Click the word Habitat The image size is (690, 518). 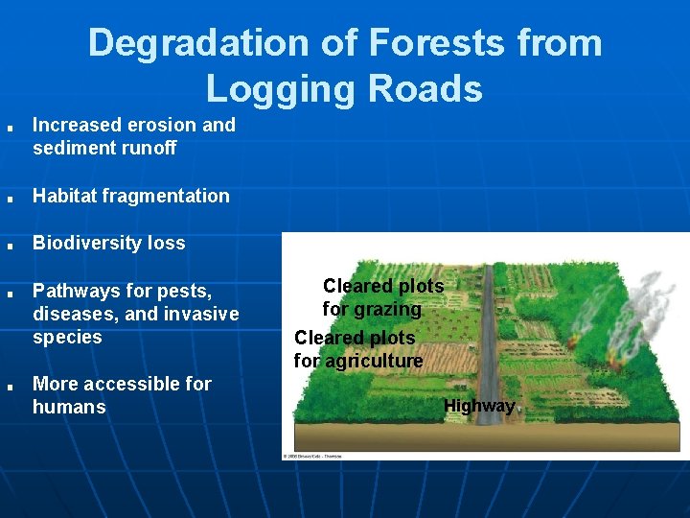coord(67,196)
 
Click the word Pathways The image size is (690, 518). coord(74,290)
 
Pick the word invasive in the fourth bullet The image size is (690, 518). coord(202,314)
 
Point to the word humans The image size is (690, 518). coord(69,408)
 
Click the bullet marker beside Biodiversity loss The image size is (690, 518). coord(8,245)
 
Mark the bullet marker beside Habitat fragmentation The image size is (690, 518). coord(8,198)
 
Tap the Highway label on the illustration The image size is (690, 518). coord(479,406)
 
